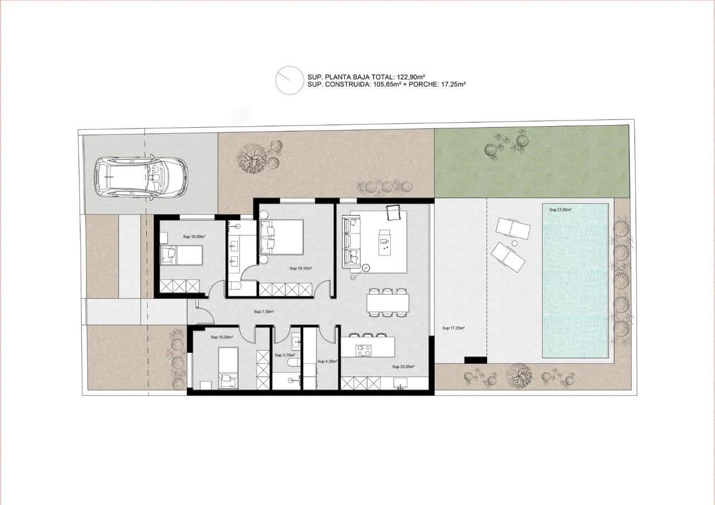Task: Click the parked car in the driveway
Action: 141,177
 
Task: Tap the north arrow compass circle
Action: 289,80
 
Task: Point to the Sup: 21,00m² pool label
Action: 560,210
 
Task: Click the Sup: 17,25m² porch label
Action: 453,328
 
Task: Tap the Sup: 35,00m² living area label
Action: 403,367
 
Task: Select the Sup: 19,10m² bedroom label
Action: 301,268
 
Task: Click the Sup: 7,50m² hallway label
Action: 264,312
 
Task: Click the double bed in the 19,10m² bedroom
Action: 282,238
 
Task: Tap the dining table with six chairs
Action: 388,303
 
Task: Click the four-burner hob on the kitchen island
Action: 364,350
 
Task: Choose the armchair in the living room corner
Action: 394,212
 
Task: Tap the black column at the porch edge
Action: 475,360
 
